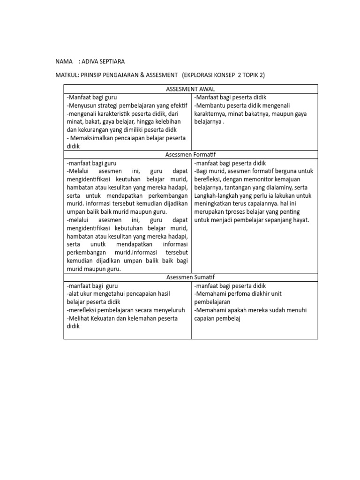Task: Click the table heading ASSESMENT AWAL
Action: click(190, 89)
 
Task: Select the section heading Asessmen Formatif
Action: click(190, 154)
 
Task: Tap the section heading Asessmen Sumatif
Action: click(190, 277)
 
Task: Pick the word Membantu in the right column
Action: click(210, 105)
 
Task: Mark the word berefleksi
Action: click(207, 179)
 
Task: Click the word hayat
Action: click(300, 220)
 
